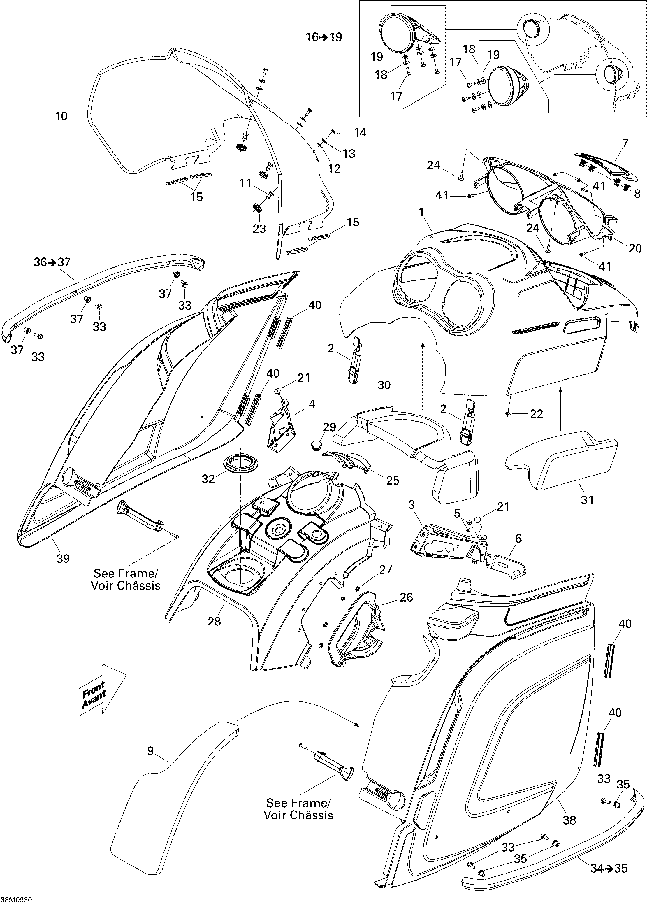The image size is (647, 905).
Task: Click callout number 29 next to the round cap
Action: tap(330, 427)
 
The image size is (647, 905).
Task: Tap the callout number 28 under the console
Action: tap(214, 621)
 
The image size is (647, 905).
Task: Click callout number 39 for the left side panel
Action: tap(63, 558)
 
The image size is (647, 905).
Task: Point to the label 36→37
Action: tap(52, 262)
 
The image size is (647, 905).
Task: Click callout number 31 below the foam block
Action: tap(587, 500)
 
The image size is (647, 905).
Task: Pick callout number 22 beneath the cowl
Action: tap(536, 414)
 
